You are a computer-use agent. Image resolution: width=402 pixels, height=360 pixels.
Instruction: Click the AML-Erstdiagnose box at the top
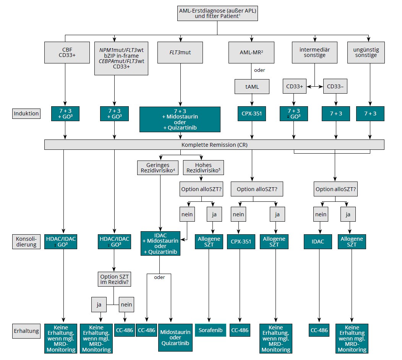(217, 14)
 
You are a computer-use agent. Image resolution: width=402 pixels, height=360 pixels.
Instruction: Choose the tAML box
(252, 87)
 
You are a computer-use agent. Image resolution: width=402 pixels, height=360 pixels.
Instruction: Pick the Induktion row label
(26, 114)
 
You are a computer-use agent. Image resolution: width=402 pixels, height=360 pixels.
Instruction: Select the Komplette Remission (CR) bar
(214, 145)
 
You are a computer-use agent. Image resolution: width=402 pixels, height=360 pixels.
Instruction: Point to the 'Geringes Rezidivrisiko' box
(158, 167)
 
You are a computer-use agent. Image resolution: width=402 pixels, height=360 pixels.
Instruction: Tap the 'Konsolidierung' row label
(26, 242)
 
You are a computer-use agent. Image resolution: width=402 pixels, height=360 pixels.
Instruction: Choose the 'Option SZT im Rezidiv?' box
(114, 280)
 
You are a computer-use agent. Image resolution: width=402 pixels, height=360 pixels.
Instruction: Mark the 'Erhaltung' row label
(26, 331)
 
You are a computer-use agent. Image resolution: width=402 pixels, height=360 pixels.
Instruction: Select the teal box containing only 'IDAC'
(318, 242)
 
